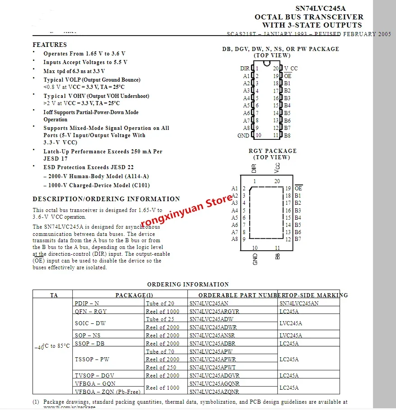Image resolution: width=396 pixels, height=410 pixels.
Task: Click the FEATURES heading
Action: (50, 45)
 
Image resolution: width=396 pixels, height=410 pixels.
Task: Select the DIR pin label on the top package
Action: (244, 69)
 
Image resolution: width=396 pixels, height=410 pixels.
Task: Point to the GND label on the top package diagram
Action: (243, 135)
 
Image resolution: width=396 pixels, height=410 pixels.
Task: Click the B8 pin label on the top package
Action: (287, 135)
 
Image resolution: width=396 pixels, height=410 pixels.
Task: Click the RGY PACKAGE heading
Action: (273, 151)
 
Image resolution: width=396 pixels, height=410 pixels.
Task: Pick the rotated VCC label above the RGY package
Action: (277, 168)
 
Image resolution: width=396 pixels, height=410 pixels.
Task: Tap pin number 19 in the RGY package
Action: (288, 188)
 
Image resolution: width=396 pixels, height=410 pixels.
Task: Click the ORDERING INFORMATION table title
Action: (188, 285)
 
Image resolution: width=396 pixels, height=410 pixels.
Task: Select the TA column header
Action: (54, 295)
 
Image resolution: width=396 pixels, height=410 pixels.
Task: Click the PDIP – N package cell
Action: (87, 304)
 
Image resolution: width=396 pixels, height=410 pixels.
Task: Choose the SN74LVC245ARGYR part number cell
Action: (214, 312)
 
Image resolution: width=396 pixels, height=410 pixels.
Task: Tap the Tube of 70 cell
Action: (160, 352)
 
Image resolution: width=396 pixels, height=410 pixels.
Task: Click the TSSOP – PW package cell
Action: (92, 359)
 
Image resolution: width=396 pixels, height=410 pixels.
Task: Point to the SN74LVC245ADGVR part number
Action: (214, 376)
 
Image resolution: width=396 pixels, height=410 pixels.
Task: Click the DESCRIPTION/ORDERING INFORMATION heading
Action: (106, 199)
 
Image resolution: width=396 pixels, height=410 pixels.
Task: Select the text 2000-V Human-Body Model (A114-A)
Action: (96, 176)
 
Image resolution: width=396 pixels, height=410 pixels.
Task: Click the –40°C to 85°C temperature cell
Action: (52, 346)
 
